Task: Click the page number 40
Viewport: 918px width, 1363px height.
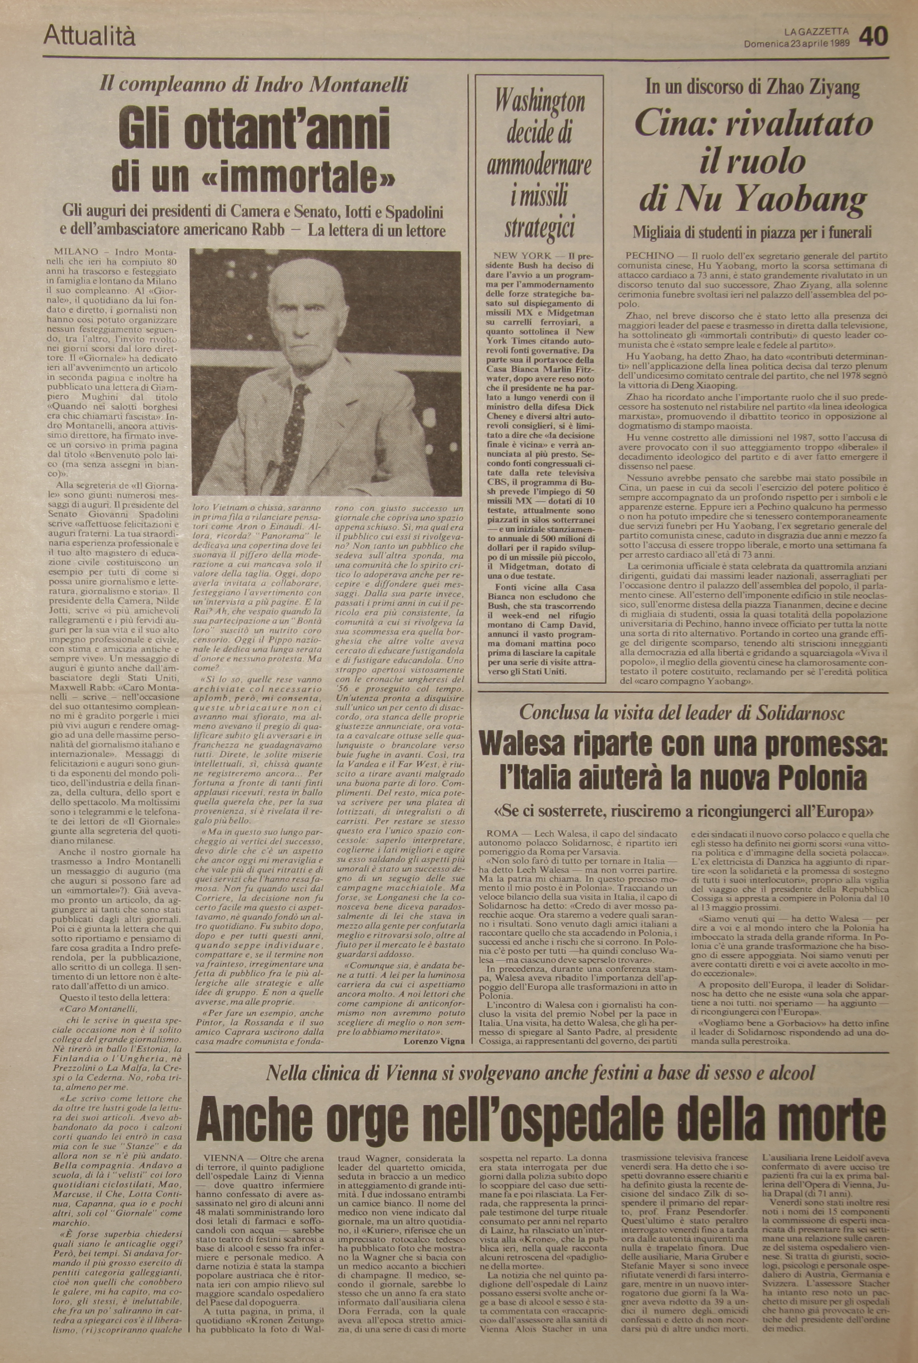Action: (x=873, y=37)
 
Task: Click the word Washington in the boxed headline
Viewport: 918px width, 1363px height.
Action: (x=540, y=102)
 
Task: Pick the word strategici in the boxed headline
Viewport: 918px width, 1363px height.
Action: (x=539, y=228)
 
